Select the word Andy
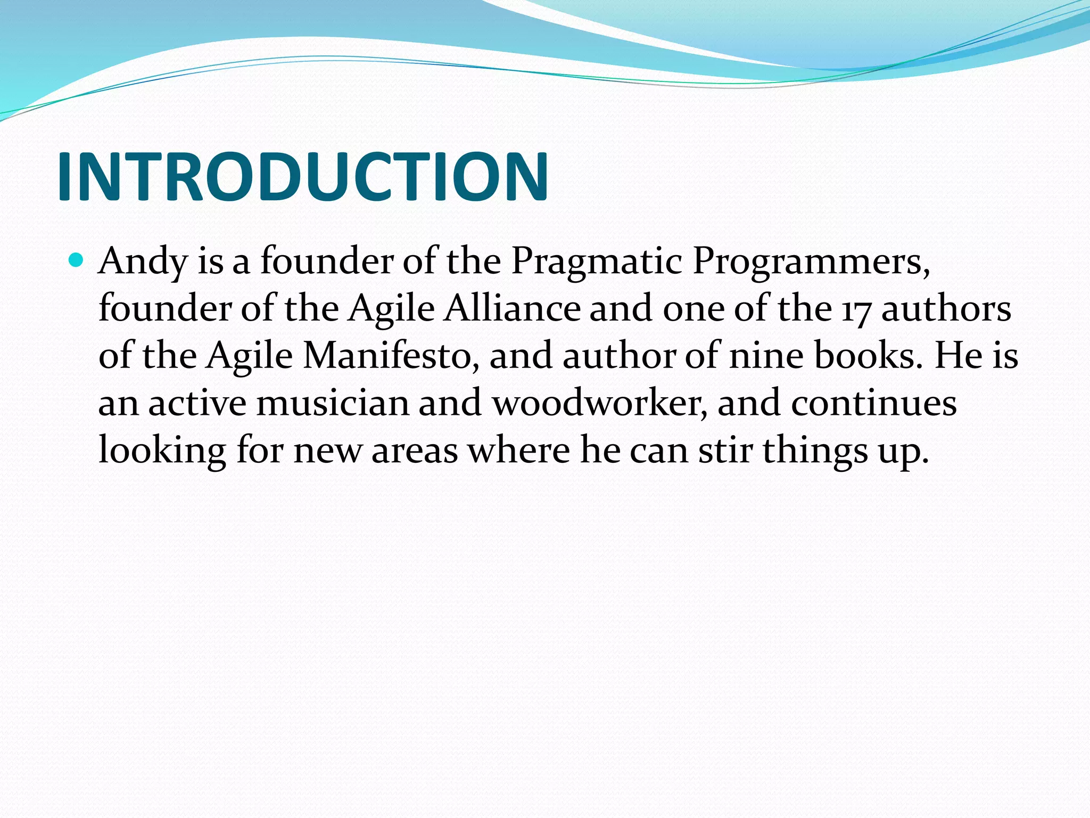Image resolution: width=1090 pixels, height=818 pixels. pyautogui.click(x=143, y=262)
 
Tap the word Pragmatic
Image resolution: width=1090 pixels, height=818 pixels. pyautogui.click(x=596, y=262)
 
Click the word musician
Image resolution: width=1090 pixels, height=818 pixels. pyautogui.click(x=333, y=403)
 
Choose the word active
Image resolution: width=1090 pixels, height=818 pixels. pyautogui.click(x=197, y=403)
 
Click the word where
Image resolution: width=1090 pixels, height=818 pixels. pyautogui.click(x=518, y=450)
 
